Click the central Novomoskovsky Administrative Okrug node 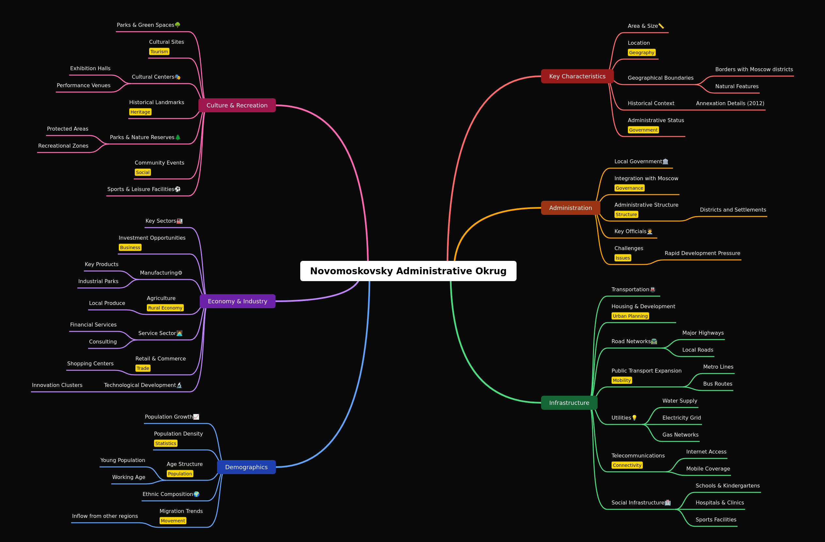coord(408,271)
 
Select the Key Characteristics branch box coord(577,76)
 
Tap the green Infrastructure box coord(569,403)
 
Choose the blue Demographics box coord(246,467)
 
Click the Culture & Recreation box coord(237,105)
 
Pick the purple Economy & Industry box coord(238,301)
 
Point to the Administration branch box coord(570,208)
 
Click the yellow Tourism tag coord(159,52)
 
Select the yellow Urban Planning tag coord(630,316)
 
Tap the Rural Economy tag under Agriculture coord(165,308)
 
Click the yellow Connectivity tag coord(627,465)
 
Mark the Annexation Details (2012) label coord(730,103)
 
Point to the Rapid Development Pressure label coord(702,253)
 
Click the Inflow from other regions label coord(105,516)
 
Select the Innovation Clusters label coord(57,385)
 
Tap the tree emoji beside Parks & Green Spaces coord(178,25)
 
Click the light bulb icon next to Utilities coord(634,418)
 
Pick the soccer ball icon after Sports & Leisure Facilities coord(178,189)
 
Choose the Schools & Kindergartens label coord(727,486)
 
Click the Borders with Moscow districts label coord(754,69)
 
